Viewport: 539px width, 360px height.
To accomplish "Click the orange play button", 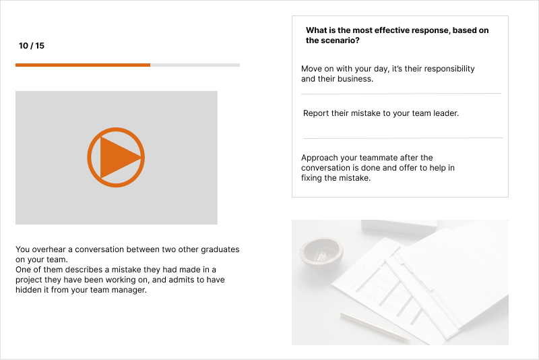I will point(116,157).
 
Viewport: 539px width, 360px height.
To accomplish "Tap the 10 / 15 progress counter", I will point(32,46).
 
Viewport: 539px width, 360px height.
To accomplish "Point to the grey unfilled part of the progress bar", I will point(195,65).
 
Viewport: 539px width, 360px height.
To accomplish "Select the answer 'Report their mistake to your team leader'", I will point(381,113).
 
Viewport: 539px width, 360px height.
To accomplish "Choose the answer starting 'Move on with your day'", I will point(387,73).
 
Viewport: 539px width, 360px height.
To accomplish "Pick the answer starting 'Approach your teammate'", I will point(377,168).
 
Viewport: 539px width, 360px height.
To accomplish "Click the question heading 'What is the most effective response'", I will point(398,35).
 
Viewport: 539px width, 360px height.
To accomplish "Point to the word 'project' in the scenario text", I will point(29,280).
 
